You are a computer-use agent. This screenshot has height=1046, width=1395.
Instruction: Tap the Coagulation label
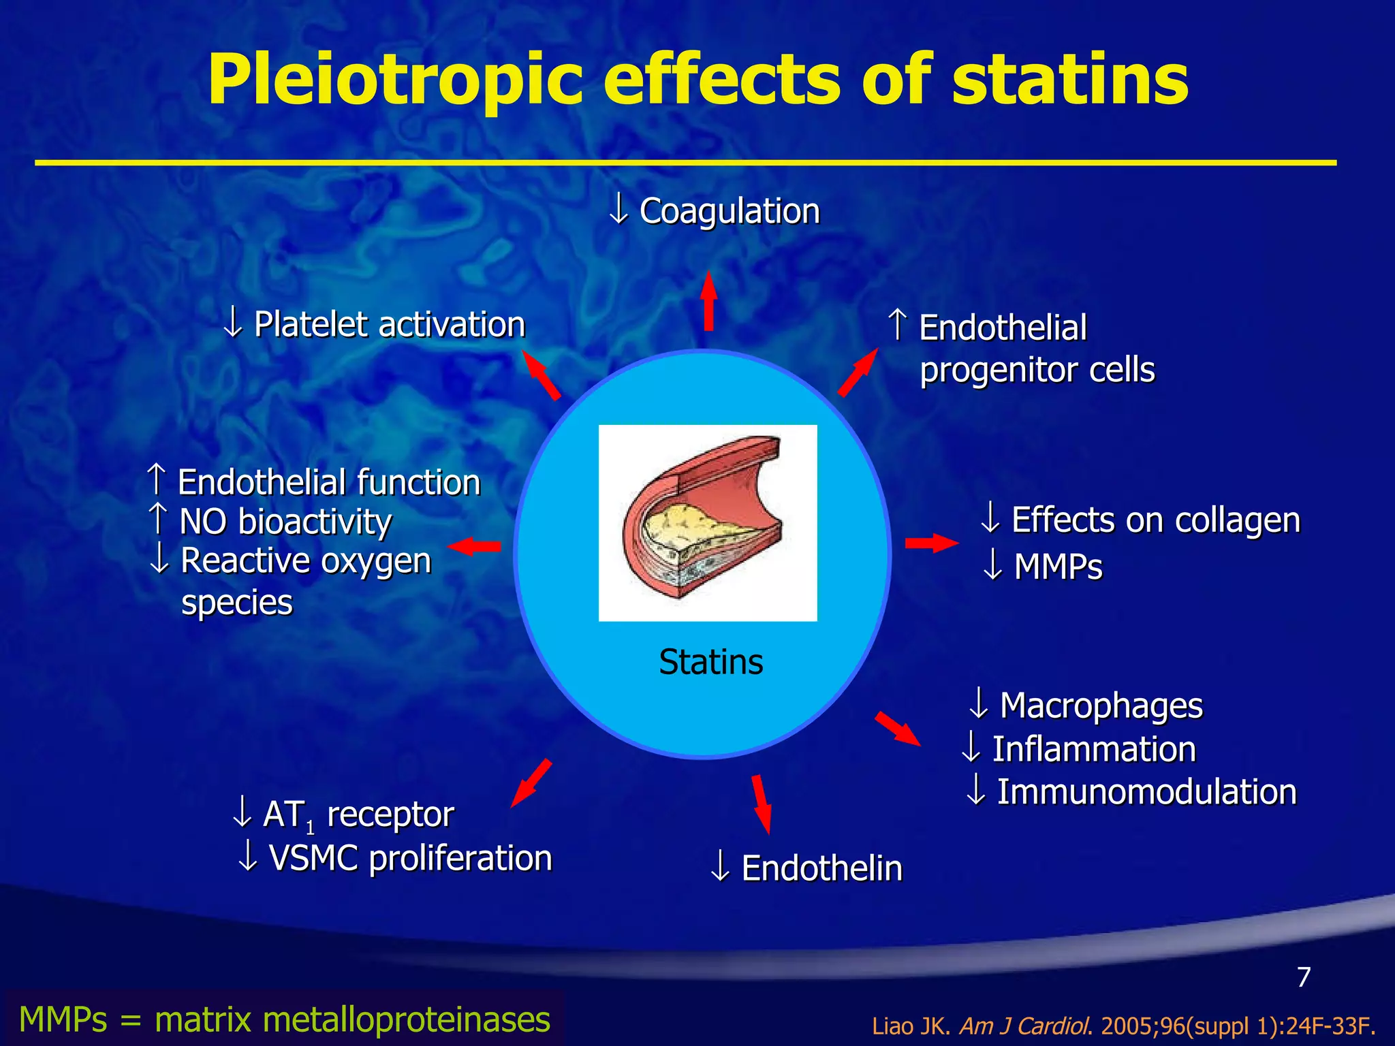click(728, 210)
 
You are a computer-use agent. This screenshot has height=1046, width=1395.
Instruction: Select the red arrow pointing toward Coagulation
click(709, 301)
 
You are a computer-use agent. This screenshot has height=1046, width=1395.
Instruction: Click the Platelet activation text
click(388, 324)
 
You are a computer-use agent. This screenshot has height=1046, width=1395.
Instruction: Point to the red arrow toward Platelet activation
click(541, 375)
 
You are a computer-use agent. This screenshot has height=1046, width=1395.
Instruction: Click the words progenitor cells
click(1037, 370)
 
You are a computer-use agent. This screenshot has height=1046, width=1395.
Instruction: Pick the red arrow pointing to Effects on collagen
click(931, 543)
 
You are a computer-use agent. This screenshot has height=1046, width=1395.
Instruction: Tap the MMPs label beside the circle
click(1057, 567)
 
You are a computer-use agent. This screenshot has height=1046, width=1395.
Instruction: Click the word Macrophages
click(1100, 706)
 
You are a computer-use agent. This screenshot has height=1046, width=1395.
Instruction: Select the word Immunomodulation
click(1146, 792)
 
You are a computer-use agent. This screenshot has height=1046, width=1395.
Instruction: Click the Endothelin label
click(821, 868)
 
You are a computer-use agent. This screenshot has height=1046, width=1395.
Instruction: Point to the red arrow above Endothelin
click(762, 804)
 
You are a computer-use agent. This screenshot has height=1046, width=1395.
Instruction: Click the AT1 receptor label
click(358, 814)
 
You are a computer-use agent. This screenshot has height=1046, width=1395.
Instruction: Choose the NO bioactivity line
click(284, 522)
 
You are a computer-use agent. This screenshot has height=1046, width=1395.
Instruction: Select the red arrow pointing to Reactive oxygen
click(475, 546)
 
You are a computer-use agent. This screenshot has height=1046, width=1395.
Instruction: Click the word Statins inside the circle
click(710, 662)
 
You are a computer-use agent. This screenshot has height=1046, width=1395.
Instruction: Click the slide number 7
click(1304, 977)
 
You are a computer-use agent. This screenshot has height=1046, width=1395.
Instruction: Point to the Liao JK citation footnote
click(1123, 1026)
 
